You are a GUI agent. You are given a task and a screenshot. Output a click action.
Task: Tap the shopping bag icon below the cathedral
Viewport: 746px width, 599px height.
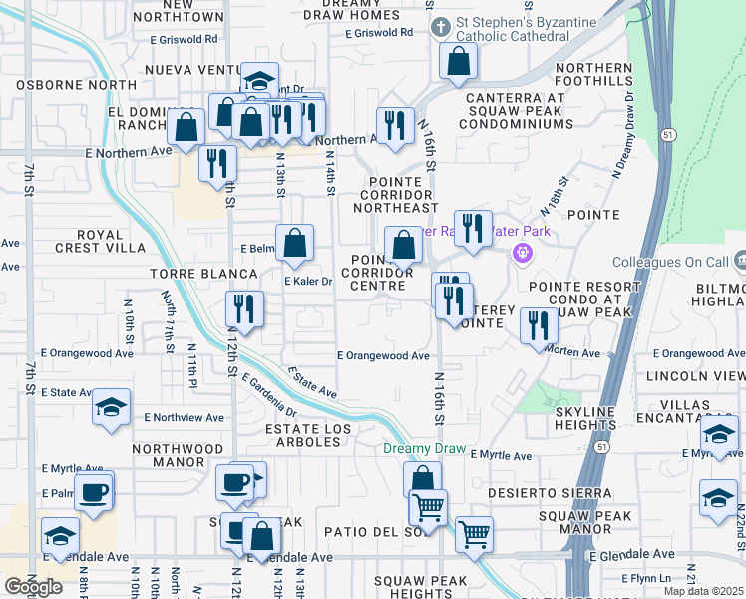458,62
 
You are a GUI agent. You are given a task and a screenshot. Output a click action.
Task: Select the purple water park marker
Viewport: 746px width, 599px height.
521,254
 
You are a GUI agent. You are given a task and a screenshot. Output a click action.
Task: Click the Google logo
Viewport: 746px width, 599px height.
33,587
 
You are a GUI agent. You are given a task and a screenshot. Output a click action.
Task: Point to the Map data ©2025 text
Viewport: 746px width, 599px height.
703,591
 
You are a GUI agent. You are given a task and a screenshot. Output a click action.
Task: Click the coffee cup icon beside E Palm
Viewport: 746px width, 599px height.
94,492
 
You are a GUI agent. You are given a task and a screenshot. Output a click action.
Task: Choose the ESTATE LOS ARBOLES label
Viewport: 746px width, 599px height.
308,436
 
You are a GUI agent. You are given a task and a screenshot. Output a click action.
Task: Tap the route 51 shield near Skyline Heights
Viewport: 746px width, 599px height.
601,450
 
